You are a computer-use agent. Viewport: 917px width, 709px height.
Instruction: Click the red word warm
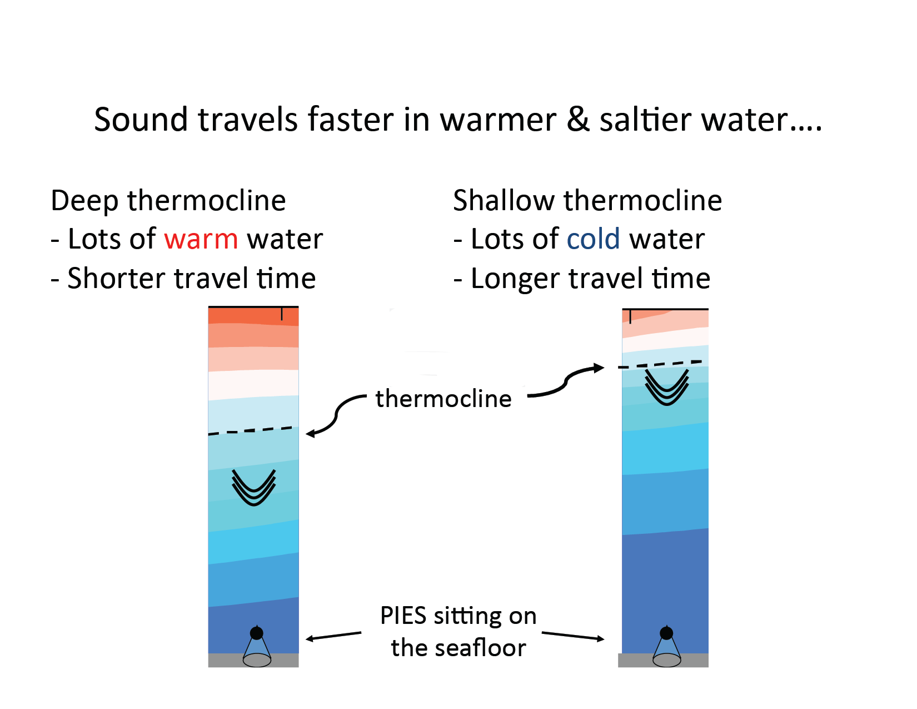(x=201, y=240)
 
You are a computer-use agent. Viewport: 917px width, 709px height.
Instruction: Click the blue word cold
(x=593, y=239)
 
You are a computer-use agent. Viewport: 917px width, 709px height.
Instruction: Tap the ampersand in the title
(x=577, y=120)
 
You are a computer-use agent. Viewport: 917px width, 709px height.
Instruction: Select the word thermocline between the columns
(x=443, y=399)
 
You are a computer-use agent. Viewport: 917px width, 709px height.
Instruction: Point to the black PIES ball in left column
(x=257, y=633)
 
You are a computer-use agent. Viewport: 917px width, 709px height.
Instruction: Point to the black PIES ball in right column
(x=666, y=633)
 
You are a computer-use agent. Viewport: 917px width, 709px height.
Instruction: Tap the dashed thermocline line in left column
(x=250, y=431)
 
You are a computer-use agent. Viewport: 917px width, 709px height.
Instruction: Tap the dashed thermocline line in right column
(x=660, y=364)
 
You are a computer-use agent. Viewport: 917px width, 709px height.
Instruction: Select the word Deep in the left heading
(x=84, y=201)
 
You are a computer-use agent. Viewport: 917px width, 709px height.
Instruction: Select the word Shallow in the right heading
(x=504, y=200)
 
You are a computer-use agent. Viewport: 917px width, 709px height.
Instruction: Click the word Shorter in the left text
(x=116, y=279)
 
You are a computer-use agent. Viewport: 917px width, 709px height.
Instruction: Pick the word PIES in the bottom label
(x=403, y=616)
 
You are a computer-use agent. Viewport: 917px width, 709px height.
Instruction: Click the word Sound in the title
(x=141, y=120)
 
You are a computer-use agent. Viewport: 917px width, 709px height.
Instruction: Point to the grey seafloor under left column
(x=253, y=661)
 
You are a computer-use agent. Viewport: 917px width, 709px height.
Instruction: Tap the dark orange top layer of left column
(x=253, y=316)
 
